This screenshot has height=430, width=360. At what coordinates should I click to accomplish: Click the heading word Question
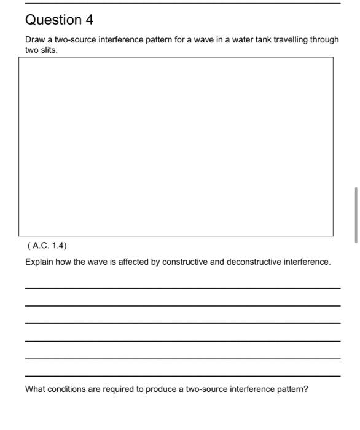[52, 20]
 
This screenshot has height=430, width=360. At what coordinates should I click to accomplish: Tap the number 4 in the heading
[90, 20]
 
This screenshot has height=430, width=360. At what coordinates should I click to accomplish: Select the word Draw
[35, 39]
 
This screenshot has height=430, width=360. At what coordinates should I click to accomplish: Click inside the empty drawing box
[176, 146]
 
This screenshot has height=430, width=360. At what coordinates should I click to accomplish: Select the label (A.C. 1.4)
[47, 246]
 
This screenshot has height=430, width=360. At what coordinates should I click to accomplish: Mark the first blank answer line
[182, 288]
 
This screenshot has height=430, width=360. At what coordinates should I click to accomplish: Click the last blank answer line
[182, 376]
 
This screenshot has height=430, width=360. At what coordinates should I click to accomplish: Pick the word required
[120, 389]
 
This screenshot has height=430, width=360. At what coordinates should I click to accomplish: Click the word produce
[162, 389]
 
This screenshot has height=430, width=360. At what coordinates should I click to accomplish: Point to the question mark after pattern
[306, 389]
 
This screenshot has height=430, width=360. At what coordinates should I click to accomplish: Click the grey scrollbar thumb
[356, 216]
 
